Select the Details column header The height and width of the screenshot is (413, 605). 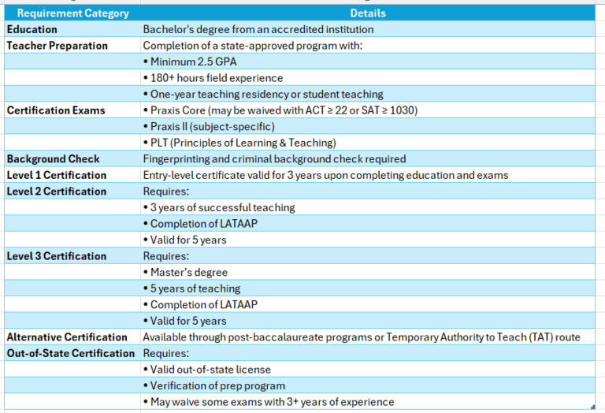368,13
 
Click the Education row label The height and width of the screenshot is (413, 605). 32,30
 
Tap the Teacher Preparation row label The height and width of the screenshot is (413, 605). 58,46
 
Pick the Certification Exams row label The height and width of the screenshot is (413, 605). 56,110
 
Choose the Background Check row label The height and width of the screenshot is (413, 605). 54,159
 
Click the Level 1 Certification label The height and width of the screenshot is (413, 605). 57,175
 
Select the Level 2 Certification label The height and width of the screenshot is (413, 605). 57,192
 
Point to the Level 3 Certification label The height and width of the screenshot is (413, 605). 57,256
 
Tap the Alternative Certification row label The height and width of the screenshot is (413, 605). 68,337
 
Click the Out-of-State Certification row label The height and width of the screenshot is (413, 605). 71,353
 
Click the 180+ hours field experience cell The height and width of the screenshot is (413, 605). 213,78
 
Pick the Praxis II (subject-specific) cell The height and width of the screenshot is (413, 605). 209,127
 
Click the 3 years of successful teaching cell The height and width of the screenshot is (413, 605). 219,208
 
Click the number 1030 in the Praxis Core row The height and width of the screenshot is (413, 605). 403,110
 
